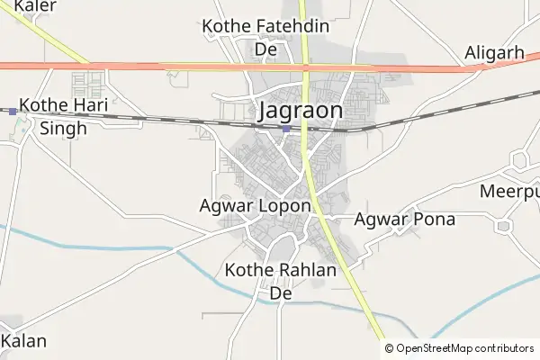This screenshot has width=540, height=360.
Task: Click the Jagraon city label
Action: (x=301, y=111)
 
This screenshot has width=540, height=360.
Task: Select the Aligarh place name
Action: (x=494, y=53)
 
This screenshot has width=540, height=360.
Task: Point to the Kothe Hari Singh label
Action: (x=63, y=116)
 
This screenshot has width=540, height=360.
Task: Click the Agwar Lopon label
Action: (x=255, y=206)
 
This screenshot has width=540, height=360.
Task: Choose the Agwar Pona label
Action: (x=405, y=219)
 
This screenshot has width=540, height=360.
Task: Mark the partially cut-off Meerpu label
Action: (x=509, y=193)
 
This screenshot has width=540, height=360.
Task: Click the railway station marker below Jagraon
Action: (x=285, y=129)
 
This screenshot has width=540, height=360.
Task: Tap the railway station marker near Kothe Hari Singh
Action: (x=13, y=112)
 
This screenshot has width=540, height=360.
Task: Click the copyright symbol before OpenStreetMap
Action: (x=389, y=348)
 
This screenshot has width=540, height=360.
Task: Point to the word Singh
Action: (x=63, y=128)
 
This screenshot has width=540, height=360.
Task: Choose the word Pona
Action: (x=434, y=219)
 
